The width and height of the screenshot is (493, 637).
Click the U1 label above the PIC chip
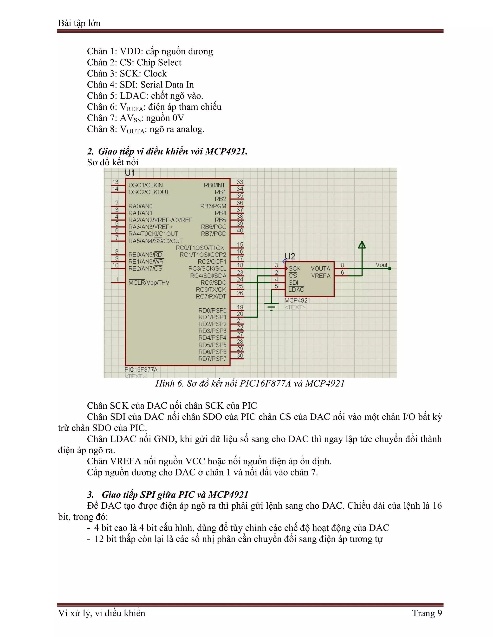130,173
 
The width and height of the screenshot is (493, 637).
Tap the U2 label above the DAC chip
290,257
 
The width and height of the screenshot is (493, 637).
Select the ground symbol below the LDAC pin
271,306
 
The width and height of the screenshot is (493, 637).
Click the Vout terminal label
381,265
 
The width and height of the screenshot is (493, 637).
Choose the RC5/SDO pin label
213,282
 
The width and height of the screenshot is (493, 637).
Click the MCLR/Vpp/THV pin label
149,282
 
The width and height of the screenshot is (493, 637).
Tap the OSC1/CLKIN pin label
145,185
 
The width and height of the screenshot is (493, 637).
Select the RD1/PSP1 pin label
212,317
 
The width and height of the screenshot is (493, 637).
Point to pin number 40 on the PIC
240,231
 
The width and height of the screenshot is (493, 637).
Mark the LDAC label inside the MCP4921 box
296,289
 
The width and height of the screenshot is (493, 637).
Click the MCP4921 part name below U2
297,300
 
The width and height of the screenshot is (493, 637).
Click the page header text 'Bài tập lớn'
79,23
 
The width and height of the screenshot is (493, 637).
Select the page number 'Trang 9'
427,613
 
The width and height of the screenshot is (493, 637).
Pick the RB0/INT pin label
214,185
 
